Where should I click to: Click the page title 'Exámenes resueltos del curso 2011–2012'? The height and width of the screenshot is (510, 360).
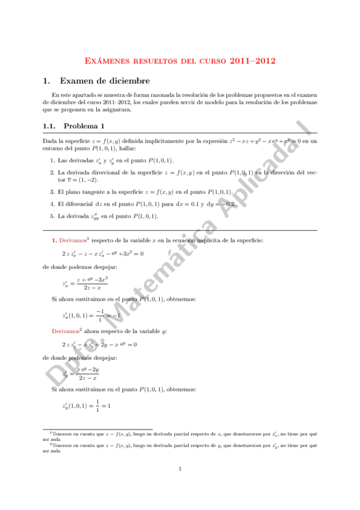point(180,61)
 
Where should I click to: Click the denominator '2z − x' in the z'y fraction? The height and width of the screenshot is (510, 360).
point(88,378)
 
